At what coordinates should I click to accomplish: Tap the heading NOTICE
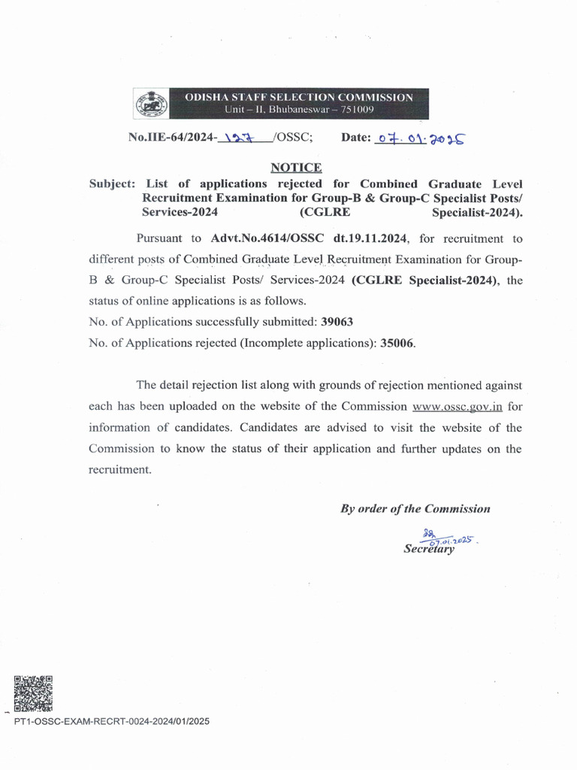pyautogui.click(x=296, y=168)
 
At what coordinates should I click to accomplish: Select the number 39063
pyautogui.click(x=337, y=321)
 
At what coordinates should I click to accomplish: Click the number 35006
pyautogui.click(x=397, y=342)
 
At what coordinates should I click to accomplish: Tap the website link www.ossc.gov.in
pyautogui.click(x=458, y=407)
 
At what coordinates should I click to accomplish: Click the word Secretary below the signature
pyautogui.click(x=429, y=549)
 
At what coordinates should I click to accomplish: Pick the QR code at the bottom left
pyautogui.click(x=33, y=693)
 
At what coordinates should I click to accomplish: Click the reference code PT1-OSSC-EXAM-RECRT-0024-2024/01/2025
pyautogui.click(x=112, y=722)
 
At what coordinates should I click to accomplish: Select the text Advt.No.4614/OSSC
pyautogui.click(x=264, y=238)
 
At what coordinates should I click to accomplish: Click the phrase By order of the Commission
pyautogui.click(x=415, y=509)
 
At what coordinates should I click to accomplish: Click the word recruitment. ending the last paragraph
pyautogui.click(x=119, y=469)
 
